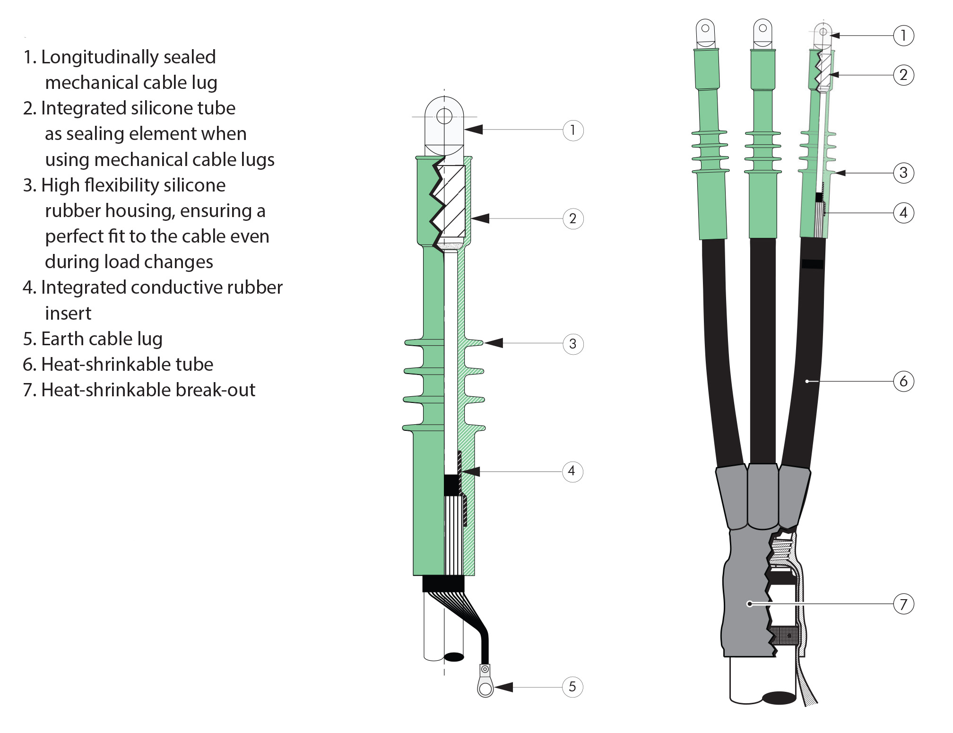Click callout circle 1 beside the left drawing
[x=573, y=130]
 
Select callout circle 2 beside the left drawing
[x=573, y=219]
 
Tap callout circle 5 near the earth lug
[x=572, y=687]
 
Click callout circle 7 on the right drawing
[x=903, y=604]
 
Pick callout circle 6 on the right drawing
[x=903, y=381]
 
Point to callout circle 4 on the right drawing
[x=903, y=213]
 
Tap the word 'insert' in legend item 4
[x=68, y=314]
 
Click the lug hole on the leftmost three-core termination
[x=705, y=28]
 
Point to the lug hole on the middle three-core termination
[x=762, y=28]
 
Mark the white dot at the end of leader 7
[x=749, y=604]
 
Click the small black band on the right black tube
[x=813, y=264]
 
